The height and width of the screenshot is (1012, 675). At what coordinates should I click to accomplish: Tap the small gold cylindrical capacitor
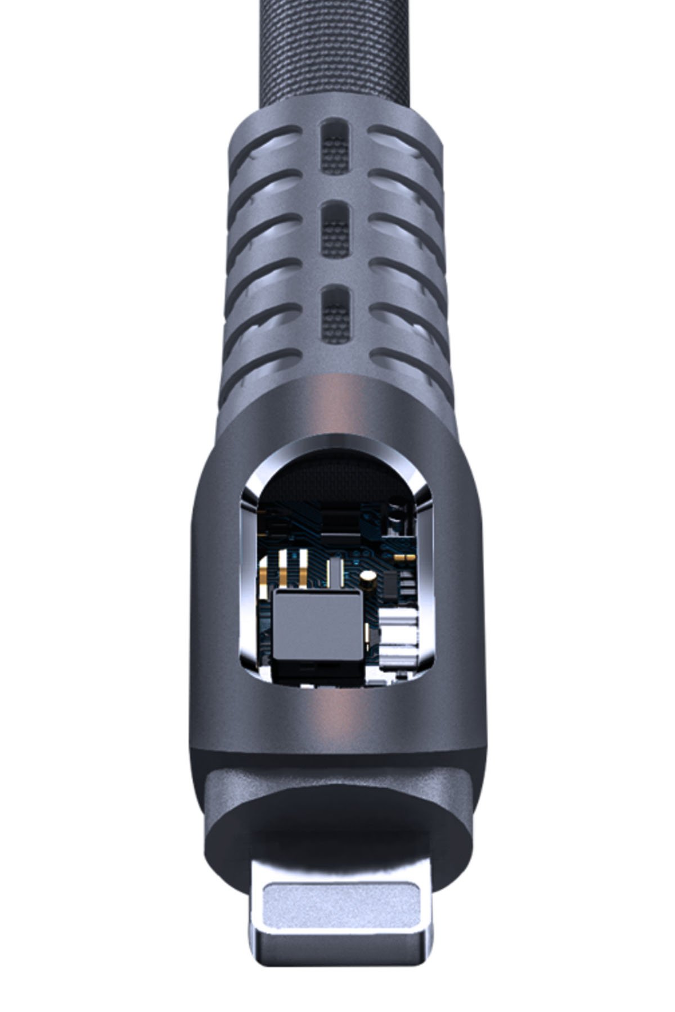[368, 579]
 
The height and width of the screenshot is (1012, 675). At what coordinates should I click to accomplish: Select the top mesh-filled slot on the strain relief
[336, 147]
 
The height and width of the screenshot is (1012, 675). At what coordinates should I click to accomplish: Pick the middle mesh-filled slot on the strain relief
[336, 229]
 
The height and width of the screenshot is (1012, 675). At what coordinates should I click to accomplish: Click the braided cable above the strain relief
[337, 51]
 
